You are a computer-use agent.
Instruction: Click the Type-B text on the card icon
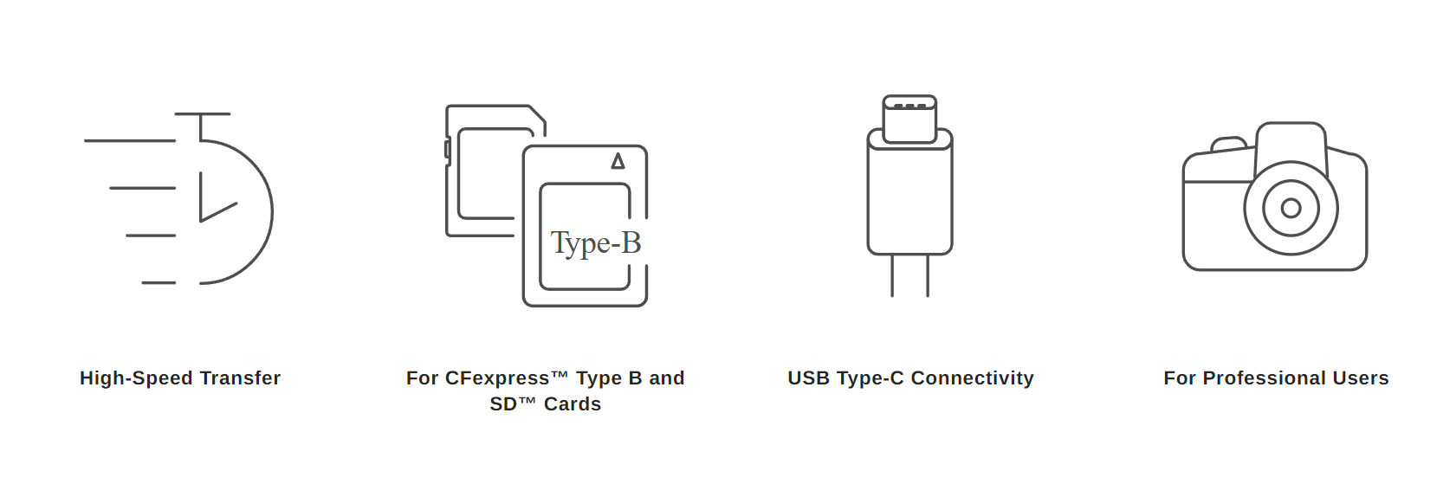(596, 243)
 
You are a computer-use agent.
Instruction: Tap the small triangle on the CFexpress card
(618, 161)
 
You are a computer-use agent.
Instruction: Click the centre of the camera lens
(1291, 208)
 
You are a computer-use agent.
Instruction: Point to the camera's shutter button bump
(1228, 144)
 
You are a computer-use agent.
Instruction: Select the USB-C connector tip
(909, 118)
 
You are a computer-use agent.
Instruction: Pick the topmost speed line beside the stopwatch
(130, 140)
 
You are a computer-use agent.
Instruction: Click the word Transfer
(240, 378)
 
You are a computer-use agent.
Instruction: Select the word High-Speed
(137, 378)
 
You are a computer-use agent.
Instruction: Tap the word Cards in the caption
(572, 404)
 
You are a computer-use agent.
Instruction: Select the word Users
(1361, 378)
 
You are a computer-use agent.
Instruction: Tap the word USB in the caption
(807, 378)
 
